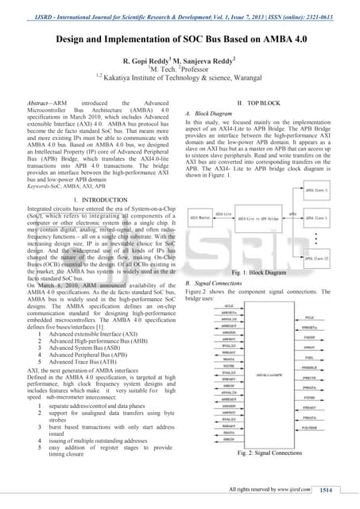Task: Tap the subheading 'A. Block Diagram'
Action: pyautogui.click(x=214, y=114)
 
